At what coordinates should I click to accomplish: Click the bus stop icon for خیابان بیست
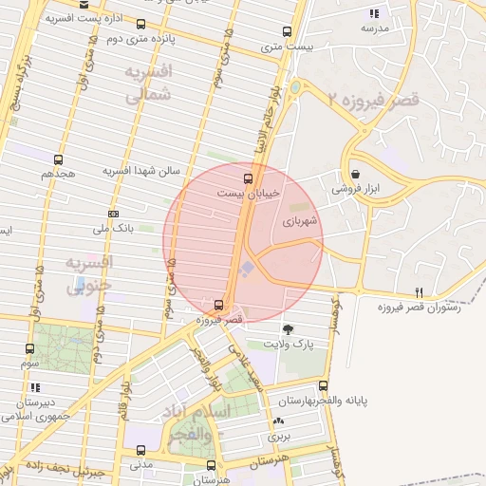click(x=249, y=178)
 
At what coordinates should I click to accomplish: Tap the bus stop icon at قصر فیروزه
click(x=219, y=305)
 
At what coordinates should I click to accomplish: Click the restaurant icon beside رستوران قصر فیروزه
click(x=419, y=292)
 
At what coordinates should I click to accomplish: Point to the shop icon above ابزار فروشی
click(x=355, y=175)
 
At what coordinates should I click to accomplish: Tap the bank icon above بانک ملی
click(x=113, y=214)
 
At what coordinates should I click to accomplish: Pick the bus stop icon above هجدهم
click(x=58, y=159)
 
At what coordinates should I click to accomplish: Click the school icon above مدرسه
click(x=374, y=13)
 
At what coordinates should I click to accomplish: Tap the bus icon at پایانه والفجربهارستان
click(x=323, y=385)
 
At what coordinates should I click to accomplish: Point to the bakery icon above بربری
click(x=277, y=422)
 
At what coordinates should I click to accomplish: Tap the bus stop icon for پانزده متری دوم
click(x=141, y=24)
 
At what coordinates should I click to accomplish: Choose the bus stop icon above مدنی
click(x=141, y=450)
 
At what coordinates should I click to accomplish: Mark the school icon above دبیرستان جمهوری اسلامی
click(x=35, y=387)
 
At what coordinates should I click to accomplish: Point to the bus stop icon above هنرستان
click(x=210, y=466)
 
